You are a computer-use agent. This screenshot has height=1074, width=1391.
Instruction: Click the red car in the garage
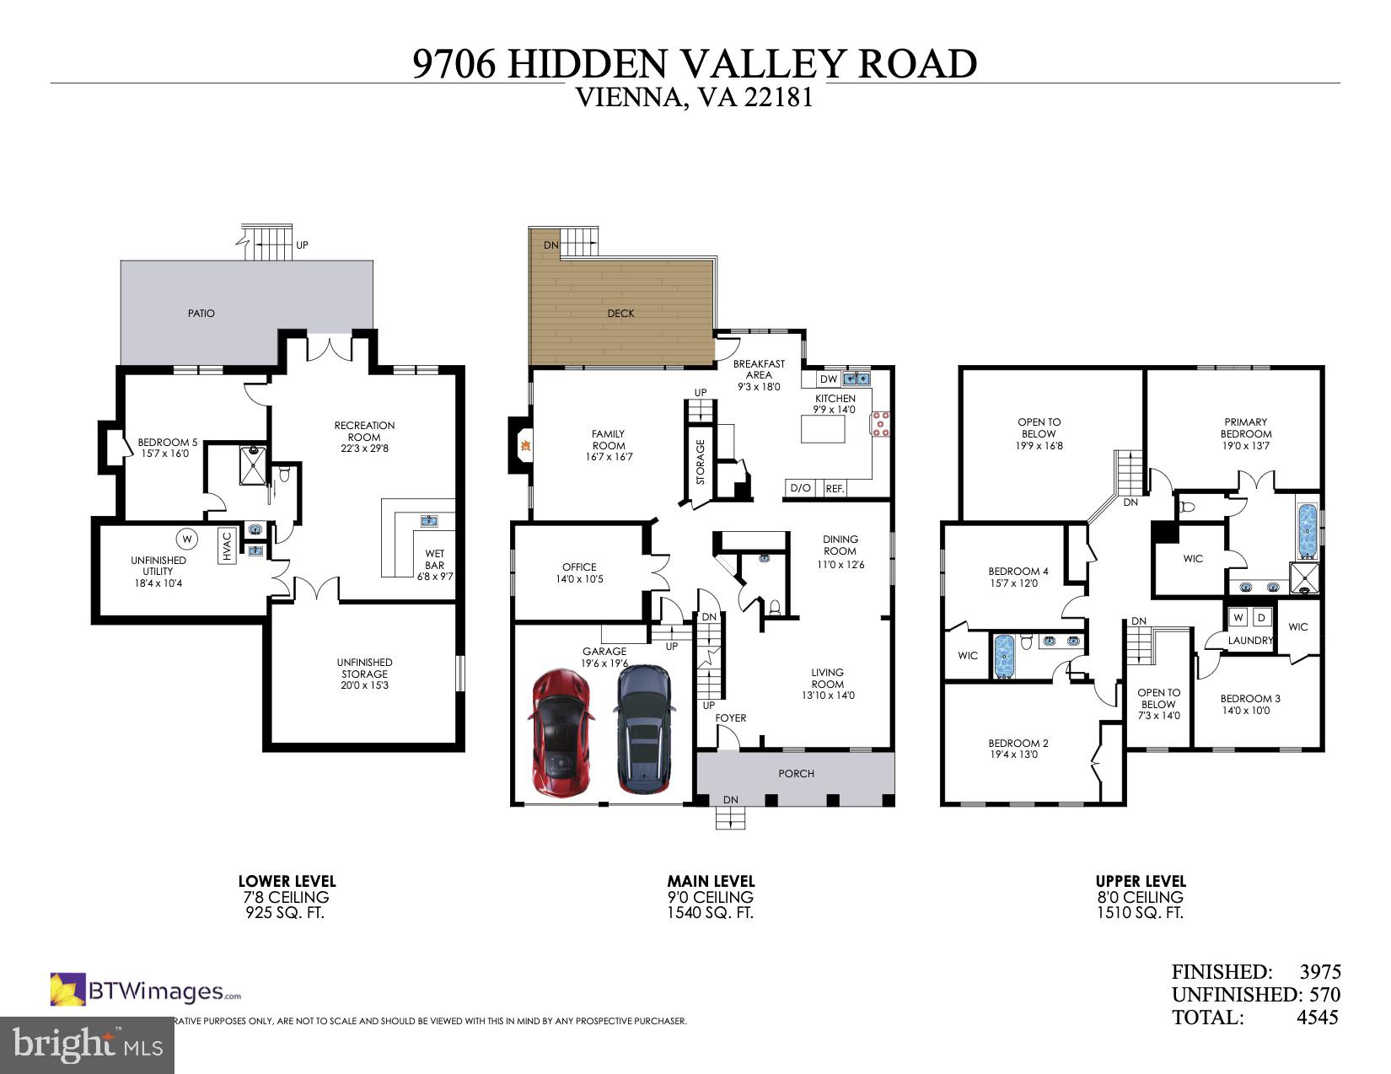pyautogui.click(x=561, y=731)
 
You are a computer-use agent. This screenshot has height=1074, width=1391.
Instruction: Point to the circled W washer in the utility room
pyautogui.click(x=186, y=537)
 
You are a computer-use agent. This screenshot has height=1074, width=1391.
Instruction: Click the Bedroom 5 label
pyautogui.click(x=168, y=442)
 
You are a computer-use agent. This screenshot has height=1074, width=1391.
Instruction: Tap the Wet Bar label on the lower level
pyautogui.click(x=434, y=560)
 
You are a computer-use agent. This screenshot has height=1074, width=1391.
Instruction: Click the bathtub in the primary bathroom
pyautogui.click(x=1308, y=531)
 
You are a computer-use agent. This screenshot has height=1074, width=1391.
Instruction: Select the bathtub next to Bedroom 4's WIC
pyautogui.click(x=1004, y=656)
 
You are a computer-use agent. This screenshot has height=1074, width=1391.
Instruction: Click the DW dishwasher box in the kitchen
pyautogui.click(x=829, y=379)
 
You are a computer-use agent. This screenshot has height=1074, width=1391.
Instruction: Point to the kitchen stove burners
pyautogui.click(x=881, y=424)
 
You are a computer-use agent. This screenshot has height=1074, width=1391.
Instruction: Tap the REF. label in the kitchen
pyautogui.click(x=835, y=488)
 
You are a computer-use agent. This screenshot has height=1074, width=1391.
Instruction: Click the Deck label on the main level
pyautogui.click(x=620, y=313)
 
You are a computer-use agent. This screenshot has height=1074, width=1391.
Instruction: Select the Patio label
pyautogui.click(x=201, y=313)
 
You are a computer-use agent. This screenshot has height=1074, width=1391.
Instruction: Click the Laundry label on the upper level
pyautogui.click(x=1250, y=641)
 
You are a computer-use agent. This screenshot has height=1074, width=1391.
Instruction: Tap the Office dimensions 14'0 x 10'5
pyautogui.click(x=579, y=579)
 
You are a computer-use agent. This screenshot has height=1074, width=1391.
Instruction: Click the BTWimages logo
pyautogui.click(x=146, y=991)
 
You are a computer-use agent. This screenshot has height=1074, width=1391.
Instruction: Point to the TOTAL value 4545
pyautogui.click(x=1317, y=1018)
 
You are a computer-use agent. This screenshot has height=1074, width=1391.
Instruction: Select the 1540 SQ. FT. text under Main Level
pyautogui.click(x=711, y=913)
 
